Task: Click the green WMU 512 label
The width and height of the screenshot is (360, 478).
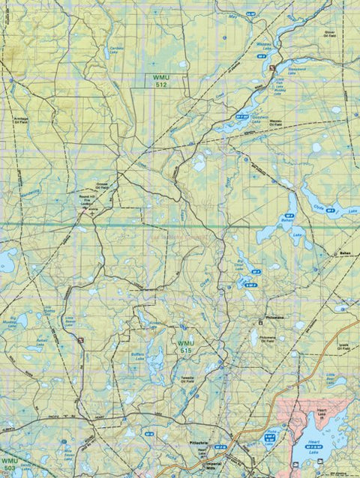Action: click(159, 81)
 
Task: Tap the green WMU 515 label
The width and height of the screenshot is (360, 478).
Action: click(185, 347)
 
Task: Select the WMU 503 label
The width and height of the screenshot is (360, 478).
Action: click(8, 464)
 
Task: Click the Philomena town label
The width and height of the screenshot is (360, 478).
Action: click(274, 317)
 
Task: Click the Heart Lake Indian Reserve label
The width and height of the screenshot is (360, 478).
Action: click(323, 413)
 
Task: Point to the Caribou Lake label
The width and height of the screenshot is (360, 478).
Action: click(115, 50)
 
